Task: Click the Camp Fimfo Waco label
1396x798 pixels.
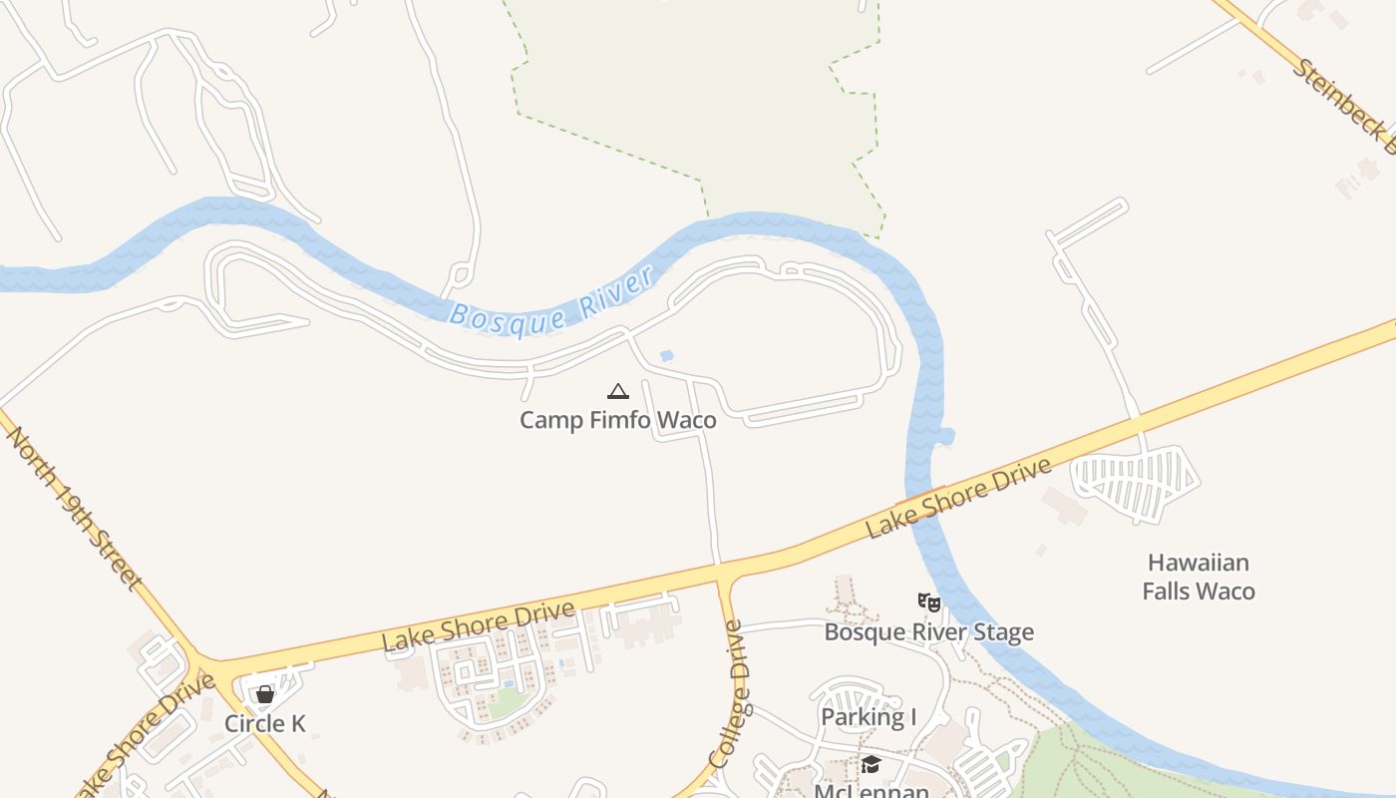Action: [617, 420]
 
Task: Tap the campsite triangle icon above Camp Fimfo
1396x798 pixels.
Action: [618, 391]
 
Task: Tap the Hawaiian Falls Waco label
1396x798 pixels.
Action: [1198, 577]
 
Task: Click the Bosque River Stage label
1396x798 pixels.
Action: [928, 632]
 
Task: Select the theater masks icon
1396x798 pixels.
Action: [928, 601]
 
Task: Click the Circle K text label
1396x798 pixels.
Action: [265, 724]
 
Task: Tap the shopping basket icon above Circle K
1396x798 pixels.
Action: [265, 694]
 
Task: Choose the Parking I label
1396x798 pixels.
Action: [869, 717]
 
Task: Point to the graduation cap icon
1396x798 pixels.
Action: [871, 764]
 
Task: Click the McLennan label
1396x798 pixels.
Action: [872, 791]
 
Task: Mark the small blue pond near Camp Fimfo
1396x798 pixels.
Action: [666, 355]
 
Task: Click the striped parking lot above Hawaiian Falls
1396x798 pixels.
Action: [1136, 484]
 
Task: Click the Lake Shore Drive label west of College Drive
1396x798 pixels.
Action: [478, 626]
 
